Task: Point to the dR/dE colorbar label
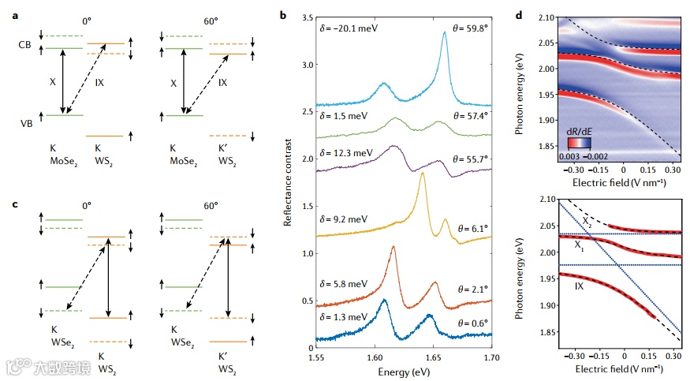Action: (x=582, y=130)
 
